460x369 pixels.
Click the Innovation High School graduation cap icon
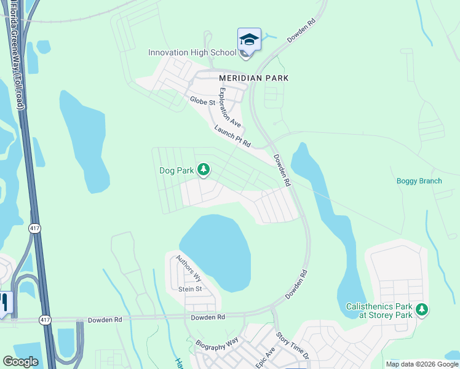click(x=249, y=40)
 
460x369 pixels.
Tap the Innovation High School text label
click(x=192, y=52)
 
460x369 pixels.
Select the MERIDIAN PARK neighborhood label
click(x=253, y=78)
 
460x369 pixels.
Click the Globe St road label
click(x=202, y=101)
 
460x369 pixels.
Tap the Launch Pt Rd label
click(x=232, y=136)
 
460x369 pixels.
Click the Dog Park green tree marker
click(x=204, y=170)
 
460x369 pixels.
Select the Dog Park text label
click(x=176, y=170)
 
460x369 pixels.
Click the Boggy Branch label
click(x=419, y=181)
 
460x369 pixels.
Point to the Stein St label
click(x=190, y=289)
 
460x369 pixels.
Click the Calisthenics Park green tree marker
click(x=421, y=309)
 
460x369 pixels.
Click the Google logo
click(x=20, y=362)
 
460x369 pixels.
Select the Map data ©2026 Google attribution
click(x=422, y=364)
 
